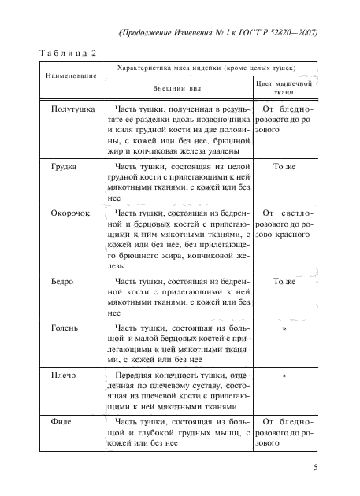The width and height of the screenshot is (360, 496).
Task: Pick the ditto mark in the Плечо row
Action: tap(284, 376)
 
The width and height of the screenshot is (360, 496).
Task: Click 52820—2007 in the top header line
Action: tap(289, 33)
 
